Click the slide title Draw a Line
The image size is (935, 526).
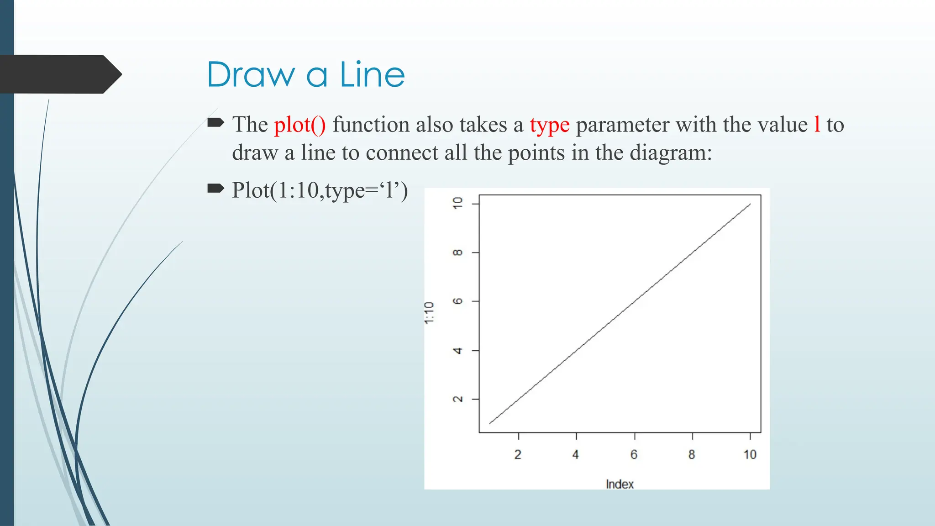(305, 74)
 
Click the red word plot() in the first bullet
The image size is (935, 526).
(300, 125)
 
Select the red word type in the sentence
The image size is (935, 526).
(549, 125)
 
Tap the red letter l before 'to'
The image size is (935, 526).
(817, 124)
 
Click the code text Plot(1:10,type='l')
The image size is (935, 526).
(320, 190)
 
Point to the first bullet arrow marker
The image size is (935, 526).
(215, 122)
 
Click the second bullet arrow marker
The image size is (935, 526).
(215, 188)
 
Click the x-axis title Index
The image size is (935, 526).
(620, 484)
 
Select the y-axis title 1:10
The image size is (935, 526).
(429, 313)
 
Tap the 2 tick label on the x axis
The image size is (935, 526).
(518, 455)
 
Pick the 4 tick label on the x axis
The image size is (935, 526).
(576, 455)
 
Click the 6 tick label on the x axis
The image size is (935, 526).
(634, 455)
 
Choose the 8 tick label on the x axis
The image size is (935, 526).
(692, 455)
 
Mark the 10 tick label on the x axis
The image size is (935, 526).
(750, 455)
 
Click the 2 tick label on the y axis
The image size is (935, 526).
(457, 399)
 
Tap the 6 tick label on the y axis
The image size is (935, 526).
(457, 301)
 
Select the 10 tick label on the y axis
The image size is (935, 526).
(457, 203)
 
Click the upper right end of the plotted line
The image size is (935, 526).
(750, 204)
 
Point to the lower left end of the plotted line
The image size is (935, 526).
(490, 423)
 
